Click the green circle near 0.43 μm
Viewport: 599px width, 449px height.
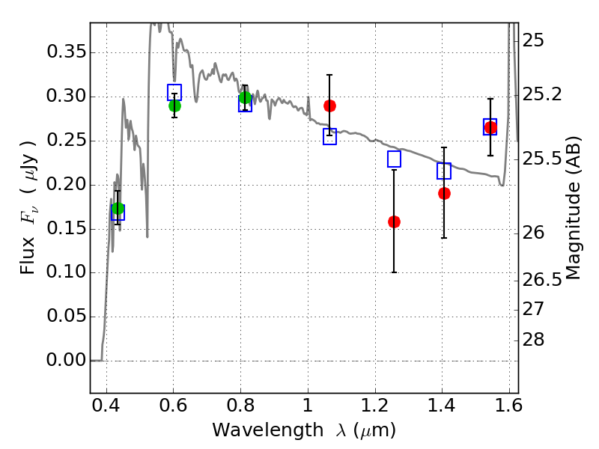[x=118, y=209]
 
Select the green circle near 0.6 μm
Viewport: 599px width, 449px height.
[x=174, y=106]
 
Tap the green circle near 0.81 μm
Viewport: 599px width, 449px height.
[x=245, y=97]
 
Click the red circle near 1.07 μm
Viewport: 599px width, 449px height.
[x=329, y=106]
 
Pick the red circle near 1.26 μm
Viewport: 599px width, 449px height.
[x=394, y=222]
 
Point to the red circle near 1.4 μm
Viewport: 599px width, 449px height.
[x=444, y=193]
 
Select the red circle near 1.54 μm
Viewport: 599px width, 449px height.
[x=490, y=128]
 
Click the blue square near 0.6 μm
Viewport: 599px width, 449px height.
[x=174, y=92]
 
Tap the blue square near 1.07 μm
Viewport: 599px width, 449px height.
[x=329, y=136]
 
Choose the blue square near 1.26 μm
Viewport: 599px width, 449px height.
[x=394, y=159]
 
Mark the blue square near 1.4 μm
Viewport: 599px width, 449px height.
[x=444, y=171]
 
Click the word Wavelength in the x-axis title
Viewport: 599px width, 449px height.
[x=255, y=430]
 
